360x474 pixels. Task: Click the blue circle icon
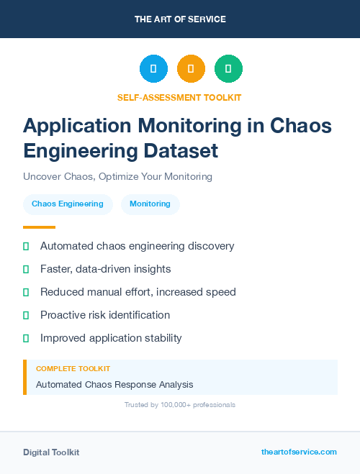coord(153,68)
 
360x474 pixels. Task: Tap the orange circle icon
coord(191,68)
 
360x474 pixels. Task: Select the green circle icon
coord(228,68)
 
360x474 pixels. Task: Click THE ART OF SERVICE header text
coord(180,19)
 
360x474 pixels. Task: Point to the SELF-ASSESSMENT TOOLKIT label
coord(179,97)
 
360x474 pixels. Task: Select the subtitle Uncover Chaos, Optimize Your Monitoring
coord(117,176)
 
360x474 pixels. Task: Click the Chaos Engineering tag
coord(68,204)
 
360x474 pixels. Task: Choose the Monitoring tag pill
coord(150,204)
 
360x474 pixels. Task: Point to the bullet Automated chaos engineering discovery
coord(137,246)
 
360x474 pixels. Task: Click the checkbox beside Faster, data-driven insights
coord(26,269)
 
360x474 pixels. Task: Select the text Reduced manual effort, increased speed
coord(138,292)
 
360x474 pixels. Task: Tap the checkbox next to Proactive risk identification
coord(26,315)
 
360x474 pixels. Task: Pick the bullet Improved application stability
coord(111,338)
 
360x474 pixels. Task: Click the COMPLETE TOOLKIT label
coord(73,369)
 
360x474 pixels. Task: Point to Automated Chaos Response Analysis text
coord(114,385)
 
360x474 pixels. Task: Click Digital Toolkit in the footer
coord(51,452)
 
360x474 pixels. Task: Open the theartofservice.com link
coord(299,452)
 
